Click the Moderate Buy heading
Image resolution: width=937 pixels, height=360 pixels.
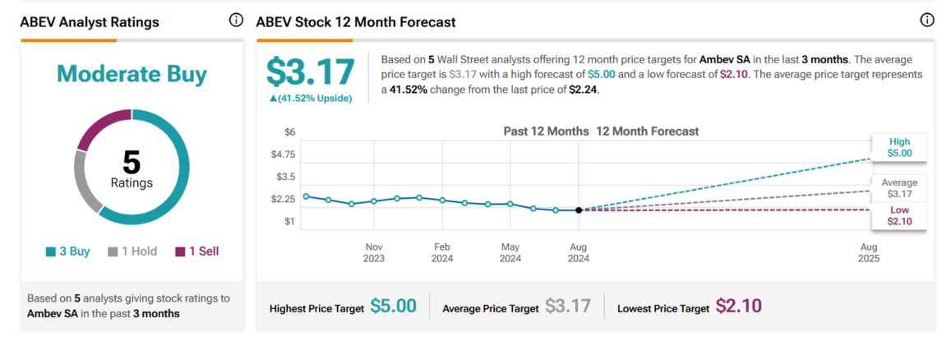coord(132,74)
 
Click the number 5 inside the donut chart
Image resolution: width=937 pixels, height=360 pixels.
coord(132,162)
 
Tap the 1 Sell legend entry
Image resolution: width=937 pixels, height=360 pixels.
coord(197,252)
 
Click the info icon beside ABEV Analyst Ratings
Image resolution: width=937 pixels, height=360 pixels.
coord(236,21)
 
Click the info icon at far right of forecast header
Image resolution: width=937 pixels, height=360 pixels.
coord(927,21)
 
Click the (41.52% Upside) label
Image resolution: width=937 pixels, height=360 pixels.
coord(309,98)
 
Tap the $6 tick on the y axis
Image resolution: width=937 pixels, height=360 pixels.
coord(289,132)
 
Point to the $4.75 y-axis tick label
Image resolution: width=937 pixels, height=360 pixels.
coord(284,155)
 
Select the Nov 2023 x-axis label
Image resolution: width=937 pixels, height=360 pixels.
coord(374,252)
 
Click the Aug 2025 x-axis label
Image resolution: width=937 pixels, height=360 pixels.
coord(869,252)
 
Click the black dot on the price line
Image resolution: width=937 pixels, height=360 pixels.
coord(579,210)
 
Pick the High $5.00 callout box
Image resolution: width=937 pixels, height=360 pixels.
coord(899,147)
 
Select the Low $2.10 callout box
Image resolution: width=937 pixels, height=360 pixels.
coord(899,216)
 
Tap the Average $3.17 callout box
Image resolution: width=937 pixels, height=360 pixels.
coord(899,188)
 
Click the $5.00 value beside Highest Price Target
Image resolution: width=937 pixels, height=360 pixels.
coord(393,307)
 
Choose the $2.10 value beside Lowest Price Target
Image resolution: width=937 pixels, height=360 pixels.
coord(738,307)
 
